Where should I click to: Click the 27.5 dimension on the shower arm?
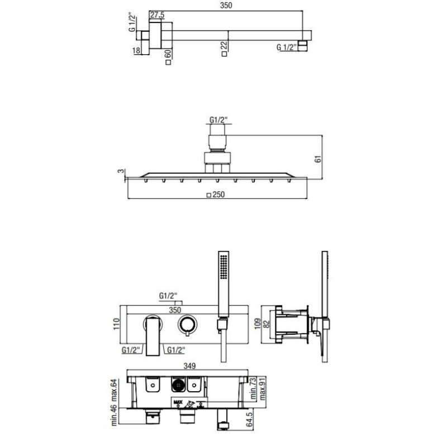(158, 15)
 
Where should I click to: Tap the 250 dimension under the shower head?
(218, 194)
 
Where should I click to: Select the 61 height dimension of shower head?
(318, 159)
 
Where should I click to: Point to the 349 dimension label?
(189, 366)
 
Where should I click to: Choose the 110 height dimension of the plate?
(116, 324)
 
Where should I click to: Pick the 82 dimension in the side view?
(267, 324)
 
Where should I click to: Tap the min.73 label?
(254, 388)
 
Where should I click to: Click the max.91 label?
(262, 388)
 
